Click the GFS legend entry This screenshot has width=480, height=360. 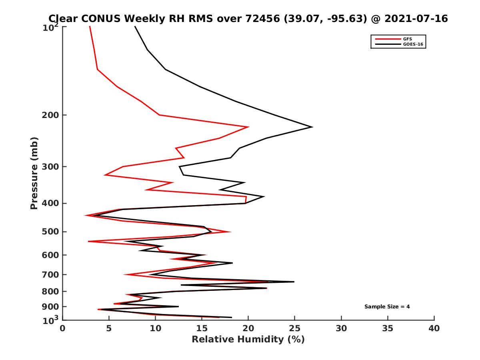pyautogui.click(x=408, y=39)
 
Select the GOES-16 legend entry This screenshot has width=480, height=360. pyautogui.click(x=413, y=44)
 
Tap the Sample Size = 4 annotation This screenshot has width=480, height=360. pyautogui.click(x=387, y=306)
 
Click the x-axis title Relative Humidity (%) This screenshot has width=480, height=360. pyautogui.click(x=248, y=340)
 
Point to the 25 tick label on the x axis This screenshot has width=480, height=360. pyautogui.click(x=295, y=328)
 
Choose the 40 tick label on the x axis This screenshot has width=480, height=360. pyautogui.click(x=434, y=328)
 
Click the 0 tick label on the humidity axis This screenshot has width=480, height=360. pyautogui.click(x=63, y=328)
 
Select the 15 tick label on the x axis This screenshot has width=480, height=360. pyautogui.click(x=202, y=328)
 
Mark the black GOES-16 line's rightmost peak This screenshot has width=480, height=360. pyautogui.click(x=312, y=127)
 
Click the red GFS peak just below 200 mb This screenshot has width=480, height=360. pyautogui.click(x=248, y=127)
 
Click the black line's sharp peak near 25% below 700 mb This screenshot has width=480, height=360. pyautogui.click(x=294, y=282)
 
